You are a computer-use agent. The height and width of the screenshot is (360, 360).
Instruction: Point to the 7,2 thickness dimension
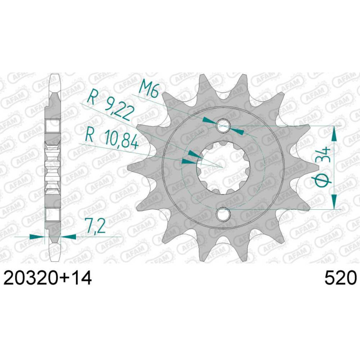[x=95, y=225]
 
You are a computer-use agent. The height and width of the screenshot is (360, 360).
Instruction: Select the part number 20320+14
[x=48, y=278]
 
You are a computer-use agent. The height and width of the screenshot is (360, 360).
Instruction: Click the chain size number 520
[x=341, y=278]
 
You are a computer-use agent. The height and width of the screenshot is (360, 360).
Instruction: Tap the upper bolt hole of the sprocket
[x=223, y=126]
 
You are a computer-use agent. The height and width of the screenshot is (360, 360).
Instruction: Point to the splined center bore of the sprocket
[x=223, y=167]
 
